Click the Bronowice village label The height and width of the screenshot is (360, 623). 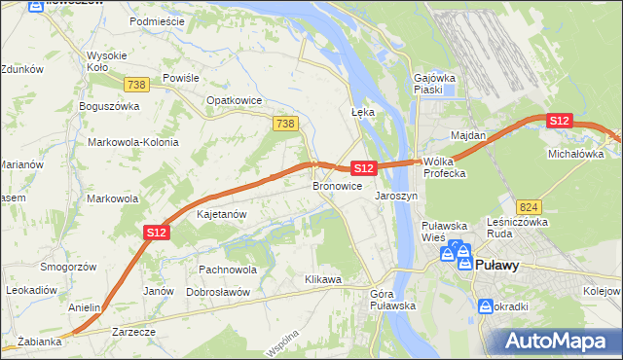pos(338,185)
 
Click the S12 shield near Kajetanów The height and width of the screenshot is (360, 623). pos(158,232)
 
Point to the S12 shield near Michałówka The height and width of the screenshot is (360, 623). pos(558,120)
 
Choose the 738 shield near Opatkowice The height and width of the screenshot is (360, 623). pos(284,124)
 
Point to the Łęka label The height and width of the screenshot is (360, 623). pos(362,112)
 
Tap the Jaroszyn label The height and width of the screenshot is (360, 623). pos(396,195)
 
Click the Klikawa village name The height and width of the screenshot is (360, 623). pos(322,279)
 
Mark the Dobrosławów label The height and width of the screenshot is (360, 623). pos(218,292)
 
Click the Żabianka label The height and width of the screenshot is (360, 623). pos(39,342)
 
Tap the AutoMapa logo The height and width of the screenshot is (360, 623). pos(559,340)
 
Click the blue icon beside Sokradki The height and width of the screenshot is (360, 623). pos(486,306)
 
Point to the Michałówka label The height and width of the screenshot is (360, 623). pos(575,154)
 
